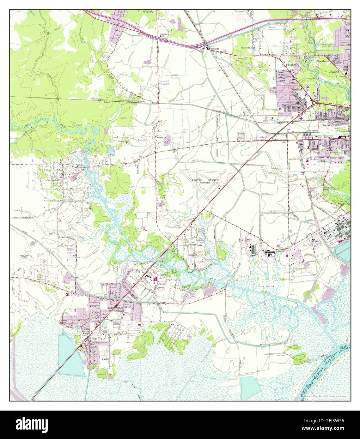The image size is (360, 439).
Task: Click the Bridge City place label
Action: pyautogui.click(x=96, y=338)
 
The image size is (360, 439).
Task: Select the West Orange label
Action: pyautogui.click(x=323, y=137)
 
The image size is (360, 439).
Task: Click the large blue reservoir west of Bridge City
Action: pyautogui.click(x=69, y=355)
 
